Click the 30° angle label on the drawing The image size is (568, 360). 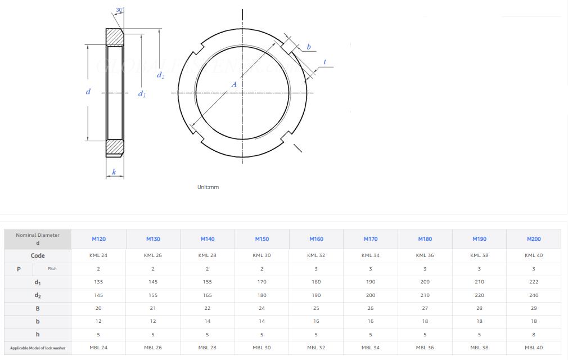coord(120,10)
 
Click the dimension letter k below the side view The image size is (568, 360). coord(114,172)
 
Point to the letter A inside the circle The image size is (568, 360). coord(235,84)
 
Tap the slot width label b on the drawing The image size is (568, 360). coord(309,47)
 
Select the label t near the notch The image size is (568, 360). coord(325,62)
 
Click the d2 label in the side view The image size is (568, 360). coord(161,75)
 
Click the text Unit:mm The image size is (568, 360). coord(208,187)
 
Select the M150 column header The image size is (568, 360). coord(262,239)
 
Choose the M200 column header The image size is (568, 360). coord(533,239)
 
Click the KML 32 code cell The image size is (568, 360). coord(316,255)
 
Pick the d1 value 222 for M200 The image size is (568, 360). coord(533,282)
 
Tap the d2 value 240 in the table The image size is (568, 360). coord(533,295)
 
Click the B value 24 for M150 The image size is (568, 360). coord(262,308)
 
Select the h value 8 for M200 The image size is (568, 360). coord(533,335)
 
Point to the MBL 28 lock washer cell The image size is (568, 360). coord(207,348)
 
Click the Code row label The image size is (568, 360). coord(38,255)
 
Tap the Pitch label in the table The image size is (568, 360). coord(52,269)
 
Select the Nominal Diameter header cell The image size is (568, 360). coord(38,239)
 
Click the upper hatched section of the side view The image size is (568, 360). coord(115,37)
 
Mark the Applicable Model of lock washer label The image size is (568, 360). coord(38,348)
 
